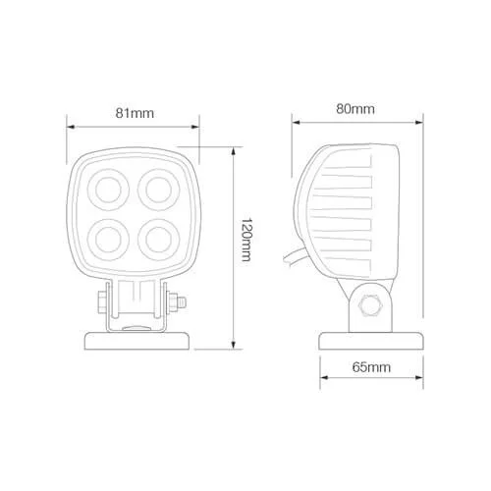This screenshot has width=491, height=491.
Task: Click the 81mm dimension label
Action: (135, 113)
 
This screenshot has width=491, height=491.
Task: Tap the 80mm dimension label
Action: (355, 109)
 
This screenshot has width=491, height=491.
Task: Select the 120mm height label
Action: (245, 240)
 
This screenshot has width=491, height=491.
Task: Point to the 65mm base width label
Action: (371, 367)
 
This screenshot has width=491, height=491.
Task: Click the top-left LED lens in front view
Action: (108, 190)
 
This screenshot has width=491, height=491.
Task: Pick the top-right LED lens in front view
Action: (159, 190)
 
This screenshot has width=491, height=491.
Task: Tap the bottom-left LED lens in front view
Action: (108, 240)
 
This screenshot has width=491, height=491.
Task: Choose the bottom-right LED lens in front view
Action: (159, 240)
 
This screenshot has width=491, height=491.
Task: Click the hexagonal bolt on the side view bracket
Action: (370, 305)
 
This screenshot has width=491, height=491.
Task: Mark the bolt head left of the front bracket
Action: (102, 302)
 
